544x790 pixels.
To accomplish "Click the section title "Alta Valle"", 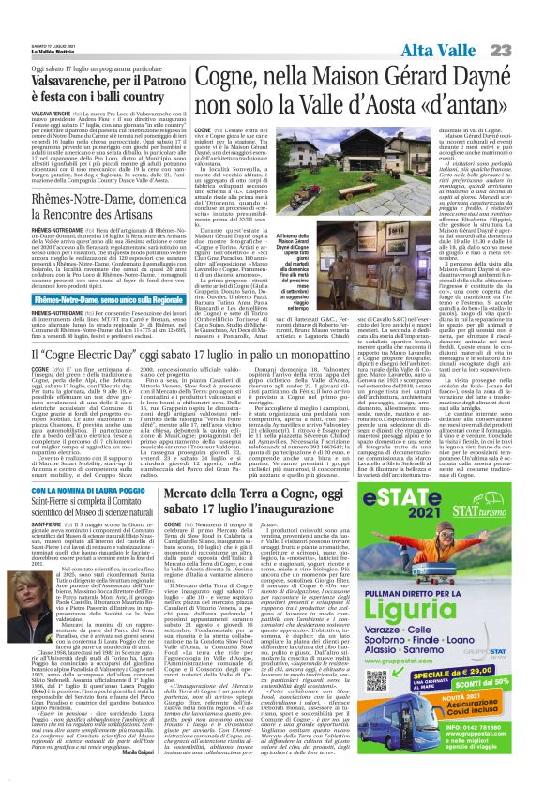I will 446,50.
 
